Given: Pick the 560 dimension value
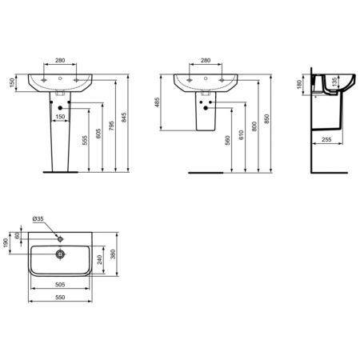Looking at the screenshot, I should tap(229, 143).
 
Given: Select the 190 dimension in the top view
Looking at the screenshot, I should tap(6, 242).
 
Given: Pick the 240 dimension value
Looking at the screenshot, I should tap(99, 259).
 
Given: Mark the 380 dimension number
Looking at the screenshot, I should tap(115, 254).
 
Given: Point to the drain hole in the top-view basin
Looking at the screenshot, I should tap(58, 254).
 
